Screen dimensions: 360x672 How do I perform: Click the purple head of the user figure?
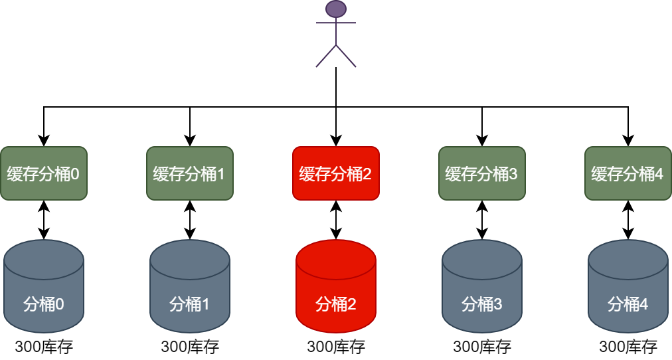336,9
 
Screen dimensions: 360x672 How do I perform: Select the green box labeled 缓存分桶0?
44,173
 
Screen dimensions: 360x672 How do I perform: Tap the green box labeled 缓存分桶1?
190,173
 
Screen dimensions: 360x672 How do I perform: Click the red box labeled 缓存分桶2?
336,173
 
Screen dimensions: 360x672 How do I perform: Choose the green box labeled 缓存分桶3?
482,173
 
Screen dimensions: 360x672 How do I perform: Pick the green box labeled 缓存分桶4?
628,173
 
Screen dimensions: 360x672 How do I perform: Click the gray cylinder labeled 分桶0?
44,292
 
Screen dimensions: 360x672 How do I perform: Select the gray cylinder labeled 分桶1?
190,292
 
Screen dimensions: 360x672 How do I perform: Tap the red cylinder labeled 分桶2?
336,292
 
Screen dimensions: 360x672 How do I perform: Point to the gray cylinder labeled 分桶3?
482,292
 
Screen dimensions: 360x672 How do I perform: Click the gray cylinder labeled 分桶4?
628,292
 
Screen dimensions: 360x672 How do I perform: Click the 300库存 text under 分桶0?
44,347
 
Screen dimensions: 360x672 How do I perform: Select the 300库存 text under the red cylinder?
336,347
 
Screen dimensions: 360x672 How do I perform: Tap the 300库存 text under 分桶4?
628,347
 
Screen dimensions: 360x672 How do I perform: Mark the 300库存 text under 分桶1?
190,347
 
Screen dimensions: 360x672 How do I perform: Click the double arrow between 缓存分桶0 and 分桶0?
44,220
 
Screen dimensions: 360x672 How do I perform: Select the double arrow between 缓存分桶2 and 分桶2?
336,220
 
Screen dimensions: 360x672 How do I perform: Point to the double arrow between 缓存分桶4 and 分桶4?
628,220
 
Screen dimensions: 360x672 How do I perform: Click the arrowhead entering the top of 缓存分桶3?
482,141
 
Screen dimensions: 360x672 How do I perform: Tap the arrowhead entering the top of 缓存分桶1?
190,141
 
